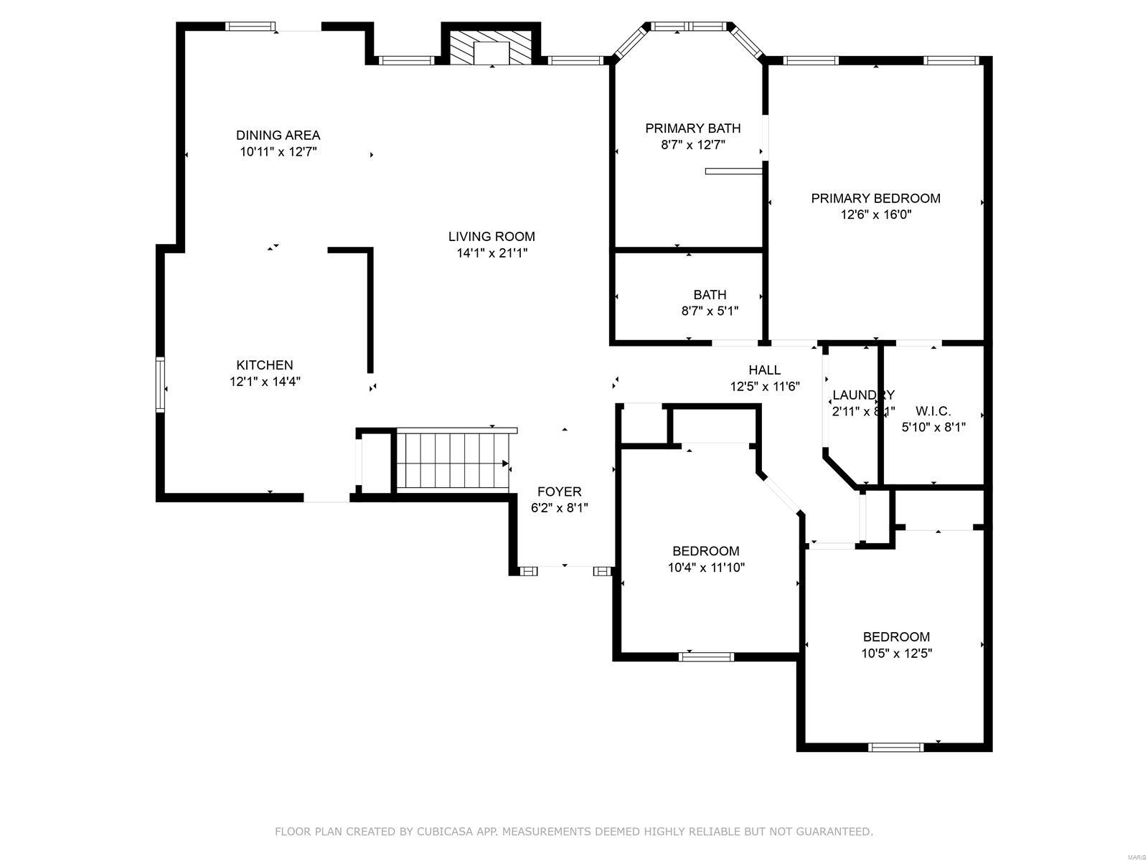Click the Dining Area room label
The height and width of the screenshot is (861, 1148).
coord(278,135)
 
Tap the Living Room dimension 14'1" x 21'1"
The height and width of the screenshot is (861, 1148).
coord(491,253)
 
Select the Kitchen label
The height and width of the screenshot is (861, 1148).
coord(265,364)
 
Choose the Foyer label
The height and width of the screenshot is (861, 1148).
coord(559,491)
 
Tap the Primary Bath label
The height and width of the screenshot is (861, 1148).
coord(692,128)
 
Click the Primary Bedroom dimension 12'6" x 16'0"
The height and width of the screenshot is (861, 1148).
coord(875,215)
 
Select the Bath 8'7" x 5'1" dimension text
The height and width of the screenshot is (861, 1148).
coord(710,311)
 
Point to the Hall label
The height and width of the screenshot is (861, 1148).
coord(764,370)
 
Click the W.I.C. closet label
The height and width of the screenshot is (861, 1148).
coord(933,411)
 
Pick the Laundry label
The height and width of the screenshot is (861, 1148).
coord(863,395)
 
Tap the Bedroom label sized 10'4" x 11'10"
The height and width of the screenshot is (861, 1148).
coord(705,551)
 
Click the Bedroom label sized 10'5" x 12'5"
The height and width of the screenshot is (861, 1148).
coord(896,636)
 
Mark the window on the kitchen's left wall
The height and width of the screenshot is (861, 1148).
coord(161,384)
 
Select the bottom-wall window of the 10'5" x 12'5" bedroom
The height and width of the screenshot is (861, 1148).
coord(895,747)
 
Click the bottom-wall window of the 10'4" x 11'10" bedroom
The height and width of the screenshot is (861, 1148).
coord(707,656)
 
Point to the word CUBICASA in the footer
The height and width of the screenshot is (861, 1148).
coord(444,832)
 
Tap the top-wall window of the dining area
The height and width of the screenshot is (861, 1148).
coord(250,27)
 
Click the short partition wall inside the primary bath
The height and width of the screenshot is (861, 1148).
coord(733,171)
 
